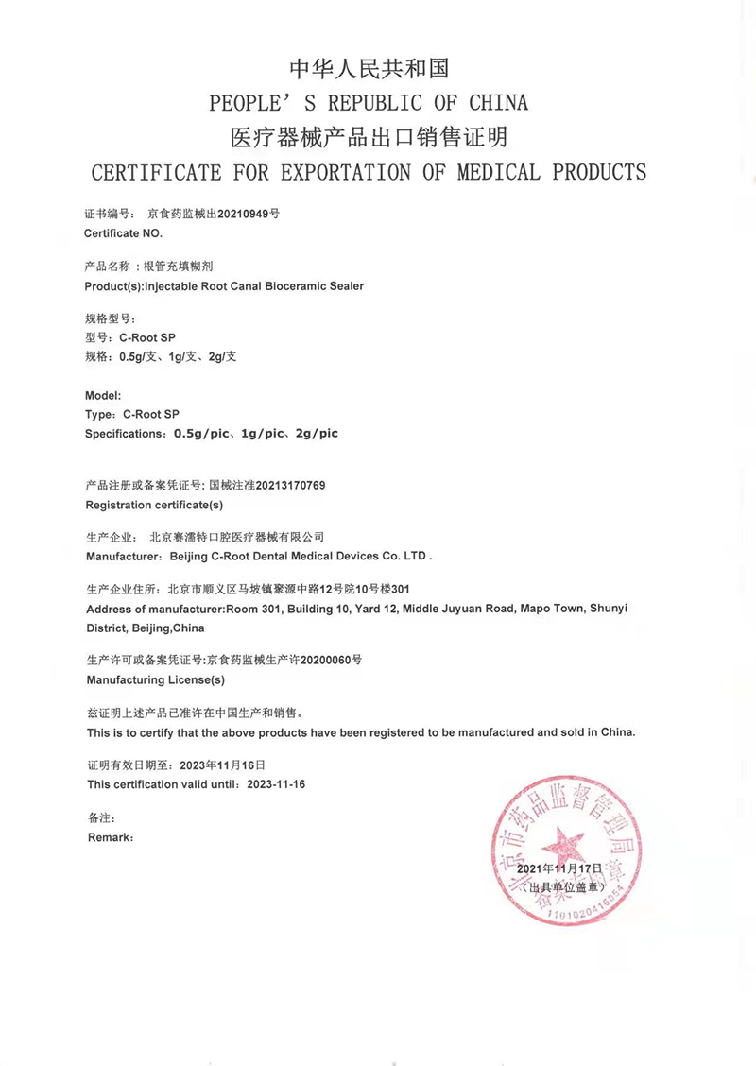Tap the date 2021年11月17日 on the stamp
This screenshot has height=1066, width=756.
559,868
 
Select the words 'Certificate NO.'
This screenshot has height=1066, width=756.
124,232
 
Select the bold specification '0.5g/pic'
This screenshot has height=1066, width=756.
198,433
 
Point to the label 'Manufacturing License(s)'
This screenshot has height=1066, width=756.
156,679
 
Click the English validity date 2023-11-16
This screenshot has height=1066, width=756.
276,784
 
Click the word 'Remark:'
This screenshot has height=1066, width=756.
111,837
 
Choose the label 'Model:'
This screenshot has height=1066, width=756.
103,396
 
